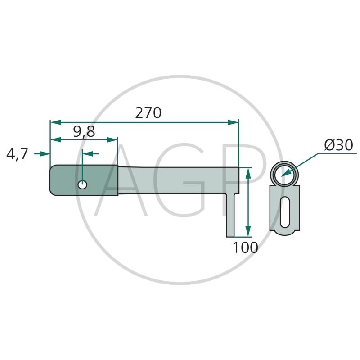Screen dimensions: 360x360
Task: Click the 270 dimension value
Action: tap(148, 113)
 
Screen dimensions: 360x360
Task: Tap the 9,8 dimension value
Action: tap(84, 132)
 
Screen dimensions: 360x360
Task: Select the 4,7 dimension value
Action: tap(17, 154)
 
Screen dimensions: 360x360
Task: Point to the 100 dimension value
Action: tap(245, 247)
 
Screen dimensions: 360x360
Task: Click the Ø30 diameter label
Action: tap(339, 145)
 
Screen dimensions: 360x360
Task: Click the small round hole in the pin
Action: tap(82, 184)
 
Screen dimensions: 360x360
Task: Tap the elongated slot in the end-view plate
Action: tap(285, 212)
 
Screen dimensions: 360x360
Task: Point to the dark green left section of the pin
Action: tap(84, 180)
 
